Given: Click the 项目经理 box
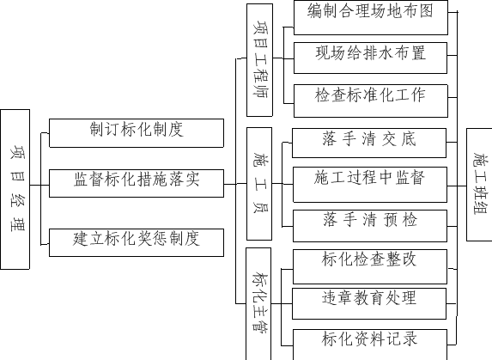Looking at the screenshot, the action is tap(15, 189).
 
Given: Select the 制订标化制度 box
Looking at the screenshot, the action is tap(137, 133).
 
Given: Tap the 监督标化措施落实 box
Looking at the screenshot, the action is tap(137, 183).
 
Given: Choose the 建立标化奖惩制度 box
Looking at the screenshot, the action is tap(137, 242).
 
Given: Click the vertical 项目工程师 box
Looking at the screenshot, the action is tap(259, 60).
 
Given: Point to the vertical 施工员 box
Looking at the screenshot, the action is tap(259, 184).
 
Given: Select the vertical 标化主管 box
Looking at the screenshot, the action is tap(258, 304).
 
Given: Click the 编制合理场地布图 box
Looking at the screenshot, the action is tap(371, 17).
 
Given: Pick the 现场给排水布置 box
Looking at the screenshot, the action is tap(370, 58).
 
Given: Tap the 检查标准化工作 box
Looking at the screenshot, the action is tap(371, 101).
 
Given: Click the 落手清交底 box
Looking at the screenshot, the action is tap(369, 143).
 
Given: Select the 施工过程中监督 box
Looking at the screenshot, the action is tap(370, 185).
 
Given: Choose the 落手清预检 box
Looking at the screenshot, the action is tap(370, 226).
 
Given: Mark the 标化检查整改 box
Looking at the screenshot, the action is tap(370, 267).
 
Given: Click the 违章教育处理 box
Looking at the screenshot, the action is tap(369, 304).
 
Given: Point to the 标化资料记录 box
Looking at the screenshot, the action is tap(370, 345).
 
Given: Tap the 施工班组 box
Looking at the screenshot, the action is tap(479, 185).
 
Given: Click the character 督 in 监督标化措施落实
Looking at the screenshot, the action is tap(97, 180).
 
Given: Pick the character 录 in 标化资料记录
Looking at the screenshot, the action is tap(409, 339).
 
